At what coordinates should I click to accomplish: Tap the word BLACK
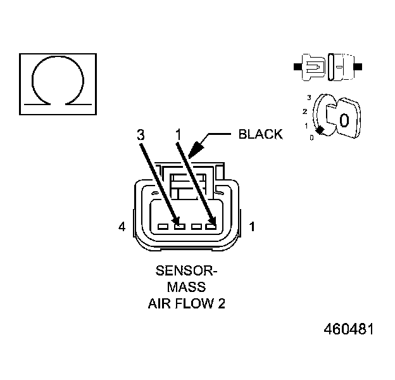point(260,134)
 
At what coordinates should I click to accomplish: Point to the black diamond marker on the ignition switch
point(321,130)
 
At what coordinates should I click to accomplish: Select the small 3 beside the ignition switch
point(308,97)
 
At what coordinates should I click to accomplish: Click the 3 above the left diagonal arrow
point(141,134)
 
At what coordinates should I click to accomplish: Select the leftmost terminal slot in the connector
point(163,225)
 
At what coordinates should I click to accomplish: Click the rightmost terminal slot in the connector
point(210,225)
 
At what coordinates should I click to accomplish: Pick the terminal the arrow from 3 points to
point(179,225)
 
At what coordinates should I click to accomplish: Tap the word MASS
point(186,287)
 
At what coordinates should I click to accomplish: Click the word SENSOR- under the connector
point(187,272)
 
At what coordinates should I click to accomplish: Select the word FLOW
point(197,303)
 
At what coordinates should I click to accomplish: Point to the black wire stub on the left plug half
point(296,65)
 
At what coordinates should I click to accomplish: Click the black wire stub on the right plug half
point(358,65)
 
